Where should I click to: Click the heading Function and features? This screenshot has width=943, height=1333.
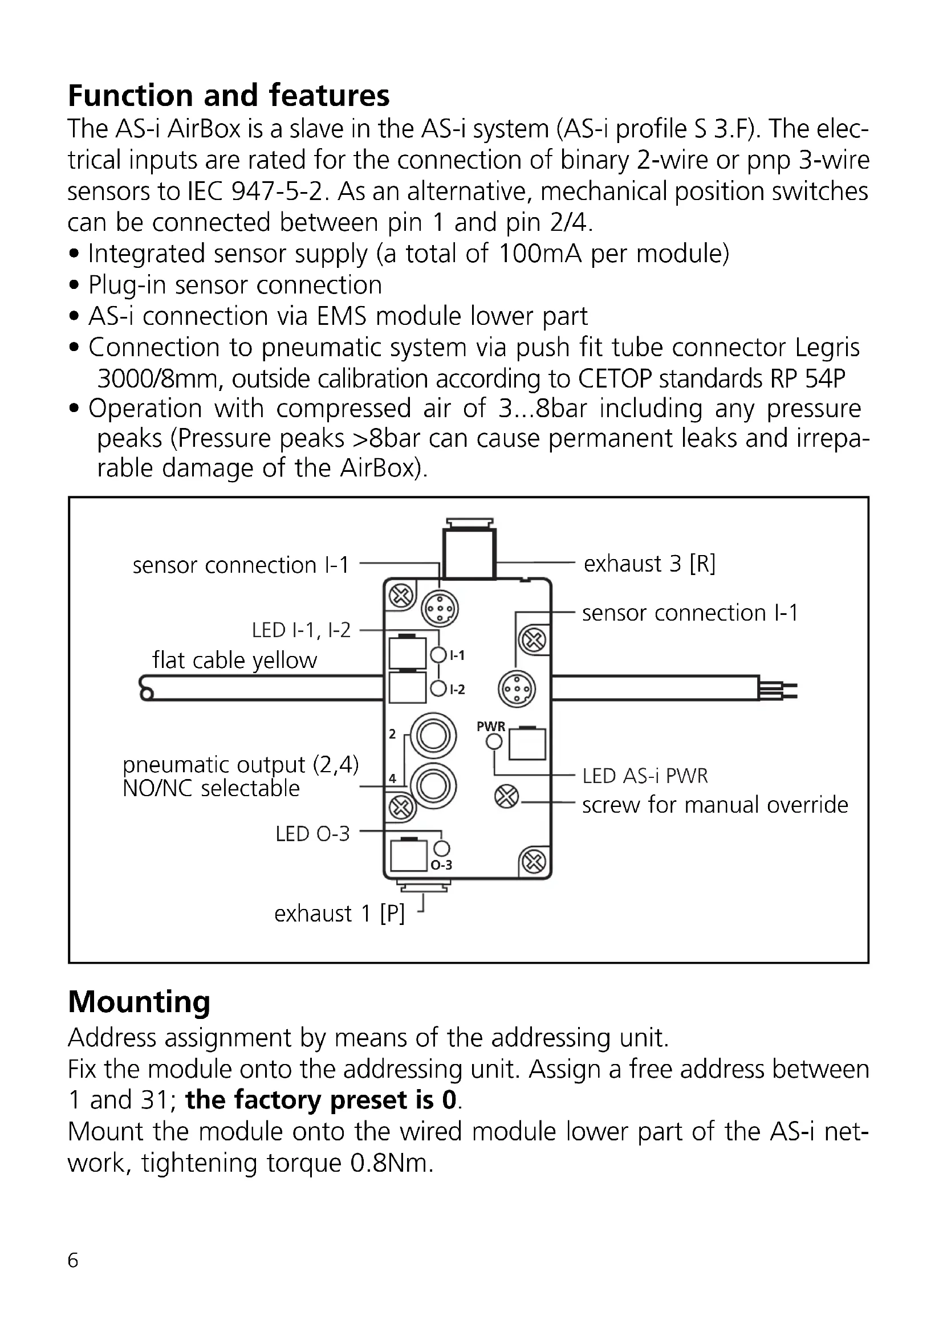(228, 96)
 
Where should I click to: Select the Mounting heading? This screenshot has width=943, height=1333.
(139, 1001)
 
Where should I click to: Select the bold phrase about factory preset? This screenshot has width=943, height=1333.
(321, 1100)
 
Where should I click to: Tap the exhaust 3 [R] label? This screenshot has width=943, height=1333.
(649, 564)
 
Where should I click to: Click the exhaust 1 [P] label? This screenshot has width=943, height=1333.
(339, 914)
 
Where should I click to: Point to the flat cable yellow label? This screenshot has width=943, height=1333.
(234, 660)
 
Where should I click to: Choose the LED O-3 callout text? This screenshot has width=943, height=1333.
(312, 834)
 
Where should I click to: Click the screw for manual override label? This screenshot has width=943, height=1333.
(715, 805)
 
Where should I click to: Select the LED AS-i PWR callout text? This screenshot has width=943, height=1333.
(645, 776)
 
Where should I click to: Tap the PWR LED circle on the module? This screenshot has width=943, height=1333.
(494, 741)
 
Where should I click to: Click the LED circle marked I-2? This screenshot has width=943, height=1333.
(438, 689)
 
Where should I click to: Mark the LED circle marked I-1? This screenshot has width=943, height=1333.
(438, 655)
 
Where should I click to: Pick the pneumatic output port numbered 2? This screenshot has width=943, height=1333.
(433, 736)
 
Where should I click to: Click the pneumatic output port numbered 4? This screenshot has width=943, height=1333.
(433, 786)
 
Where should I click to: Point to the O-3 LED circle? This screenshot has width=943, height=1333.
(441, 848)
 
